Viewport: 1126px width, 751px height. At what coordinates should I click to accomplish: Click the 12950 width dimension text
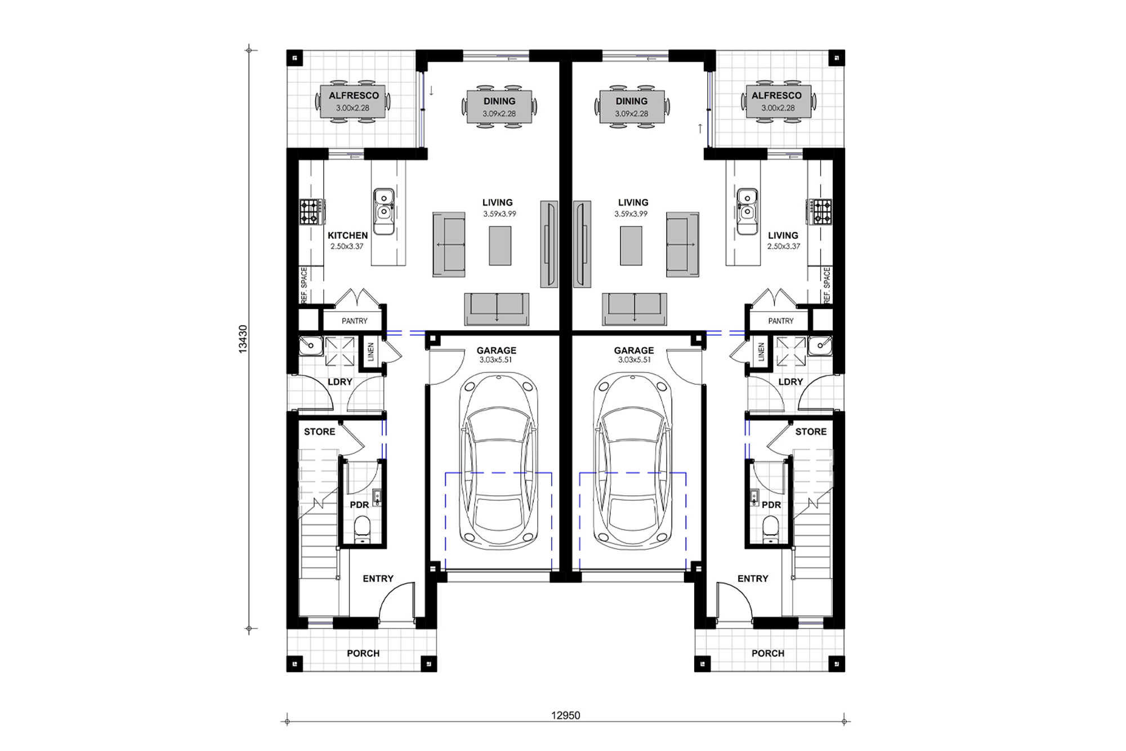point(565,716)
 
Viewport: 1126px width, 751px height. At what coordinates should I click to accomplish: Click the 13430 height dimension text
point(243,339)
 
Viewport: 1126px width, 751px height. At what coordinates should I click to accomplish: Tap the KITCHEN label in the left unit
point(347,235)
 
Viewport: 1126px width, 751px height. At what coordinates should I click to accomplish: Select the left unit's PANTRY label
point(354,321)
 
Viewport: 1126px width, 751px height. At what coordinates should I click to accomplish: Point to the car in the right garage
point(632,462)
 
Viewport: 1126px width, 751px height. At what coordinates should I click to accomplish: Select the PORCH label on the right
point(767,654)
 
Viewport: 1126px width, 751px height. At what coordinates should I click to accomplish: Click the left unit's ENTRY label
point(378,579)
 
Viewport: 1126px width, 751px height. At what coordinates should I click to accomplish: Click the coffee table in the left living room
point(500,246)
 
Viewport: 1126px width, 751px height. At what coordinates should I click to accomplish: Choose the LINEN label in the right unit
point(761,353)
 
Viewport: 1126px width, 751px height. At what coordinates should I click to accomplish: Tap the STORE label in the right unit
point(811,432)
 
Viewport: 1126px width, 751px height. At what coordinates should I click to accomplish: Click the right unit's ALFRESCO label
point(776,96)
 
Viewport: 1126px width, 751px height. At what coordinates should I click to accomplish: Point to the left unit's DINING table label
point(499,101)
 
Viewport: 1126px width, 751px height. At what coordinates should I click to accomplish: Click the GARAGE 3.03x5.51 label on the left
point(496,354)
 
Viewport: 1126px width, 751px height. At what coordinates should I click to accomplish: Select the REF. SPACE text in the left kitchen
point(304,285)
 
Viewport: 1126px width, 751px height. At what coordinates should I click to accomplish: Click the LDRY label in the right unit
point(790,382)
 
